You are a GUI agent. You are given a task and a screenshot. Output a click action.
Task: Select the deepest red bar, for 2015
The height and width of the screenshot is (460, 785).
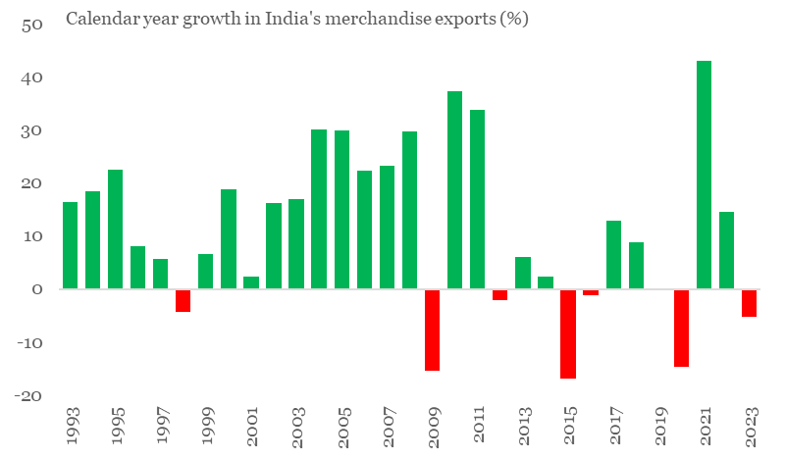[568, 333]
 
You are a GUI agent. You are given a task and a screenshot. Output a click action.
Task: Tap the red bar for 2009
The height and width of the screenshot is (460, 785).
[432, 330]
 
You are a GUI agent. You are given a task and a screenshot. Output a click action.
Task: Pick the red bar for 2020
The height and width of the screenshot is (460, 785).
[681, 328]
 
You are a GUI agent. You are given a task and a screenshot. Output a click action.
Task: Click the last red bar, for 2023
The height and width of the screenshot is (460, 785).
[749, 303]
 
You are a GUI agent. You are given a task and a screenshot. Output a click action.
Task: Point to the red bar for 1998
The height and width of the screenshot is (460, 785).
[183, 300]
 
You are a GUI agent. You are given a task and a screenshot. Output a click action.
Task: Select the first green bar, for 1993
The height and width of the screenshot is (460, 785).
[70, 245]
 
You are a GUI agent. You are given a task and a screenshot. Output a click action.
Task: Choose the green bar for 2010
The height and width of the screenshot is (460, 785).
[454, 190]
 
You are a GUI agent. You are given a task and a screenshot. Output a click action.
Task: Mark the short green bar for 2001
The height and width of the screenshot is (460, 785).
[251, 282]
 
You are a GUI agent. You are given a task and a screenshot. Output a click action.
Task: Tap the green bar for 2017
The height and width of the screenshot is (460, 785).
[613, 255]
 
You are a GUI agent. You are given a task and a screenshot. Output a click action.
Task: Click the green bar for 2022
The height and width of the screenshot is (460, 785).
[726, 250]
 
